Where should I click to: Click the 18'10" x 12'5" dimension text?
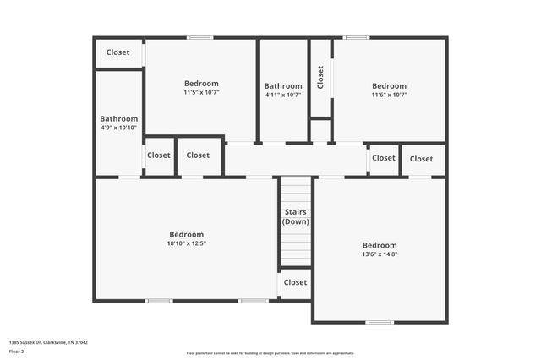186,243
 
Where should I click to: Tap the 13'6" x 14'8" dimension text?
380,254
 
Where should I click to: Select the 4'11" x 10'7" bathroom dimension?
283,95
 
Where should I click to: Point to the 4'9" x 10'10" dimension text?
118,128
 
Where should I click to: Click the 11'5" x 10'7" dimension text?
201,92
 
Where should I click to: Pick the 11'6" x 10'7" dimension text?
389,95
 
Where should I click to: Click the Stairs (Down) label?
295,216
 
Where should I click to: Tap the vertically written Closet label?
320,78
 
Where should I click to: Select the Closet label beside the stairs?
295,282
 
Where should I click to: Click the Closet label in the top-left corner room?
118,52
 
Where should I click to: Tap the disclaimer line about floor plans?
270,352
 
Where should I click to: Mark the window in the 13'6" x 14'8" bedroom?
380,322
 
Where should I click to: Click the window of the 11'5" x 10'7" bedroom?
200,37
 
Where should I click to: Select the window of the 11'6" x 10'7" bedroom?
356,37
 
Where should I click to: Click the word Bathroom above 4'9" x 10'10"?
118,119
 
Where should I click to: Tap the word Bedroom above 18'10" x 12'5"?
186,234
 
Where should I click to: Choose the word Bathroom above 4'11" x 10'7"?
283,86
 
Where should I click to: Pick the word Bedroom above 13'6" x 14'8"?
380,245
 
